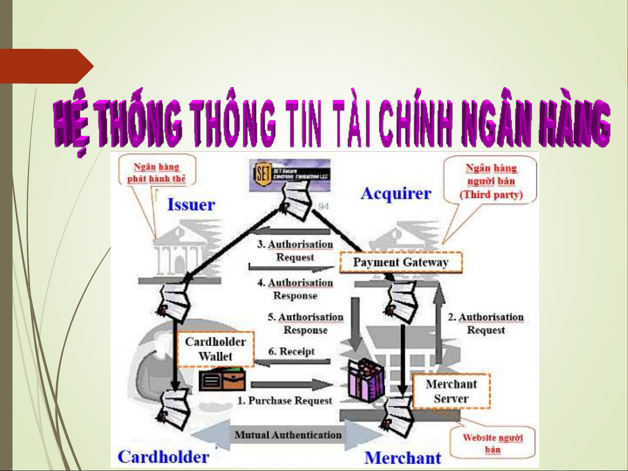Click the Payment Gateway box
click(401, 262)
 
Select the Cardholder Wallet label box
click(215, 349)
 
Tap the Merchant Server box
click(451, 391)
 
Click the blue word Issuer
click(191, 204)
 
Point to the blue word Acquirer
click(396, 193)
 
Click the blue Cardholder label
click(163, 457)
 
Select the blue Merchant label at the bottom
click(403, 458)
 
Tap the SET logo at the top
click(289, 175)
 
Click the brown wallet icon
click(222, 380)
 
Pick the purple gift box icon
click(367, 380)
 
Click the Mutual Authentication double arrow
click(288, 435)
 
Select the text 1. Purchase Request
click(285, 400)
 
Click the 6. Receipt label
click(291, 351)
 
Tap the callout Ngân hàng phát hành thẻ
click(156, 173)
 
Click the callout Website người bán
click(492, 443)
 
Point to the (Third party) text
click(491, 194)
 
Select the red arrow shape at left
click(46, 66)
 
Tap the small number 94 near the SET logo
click(323, 207)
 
